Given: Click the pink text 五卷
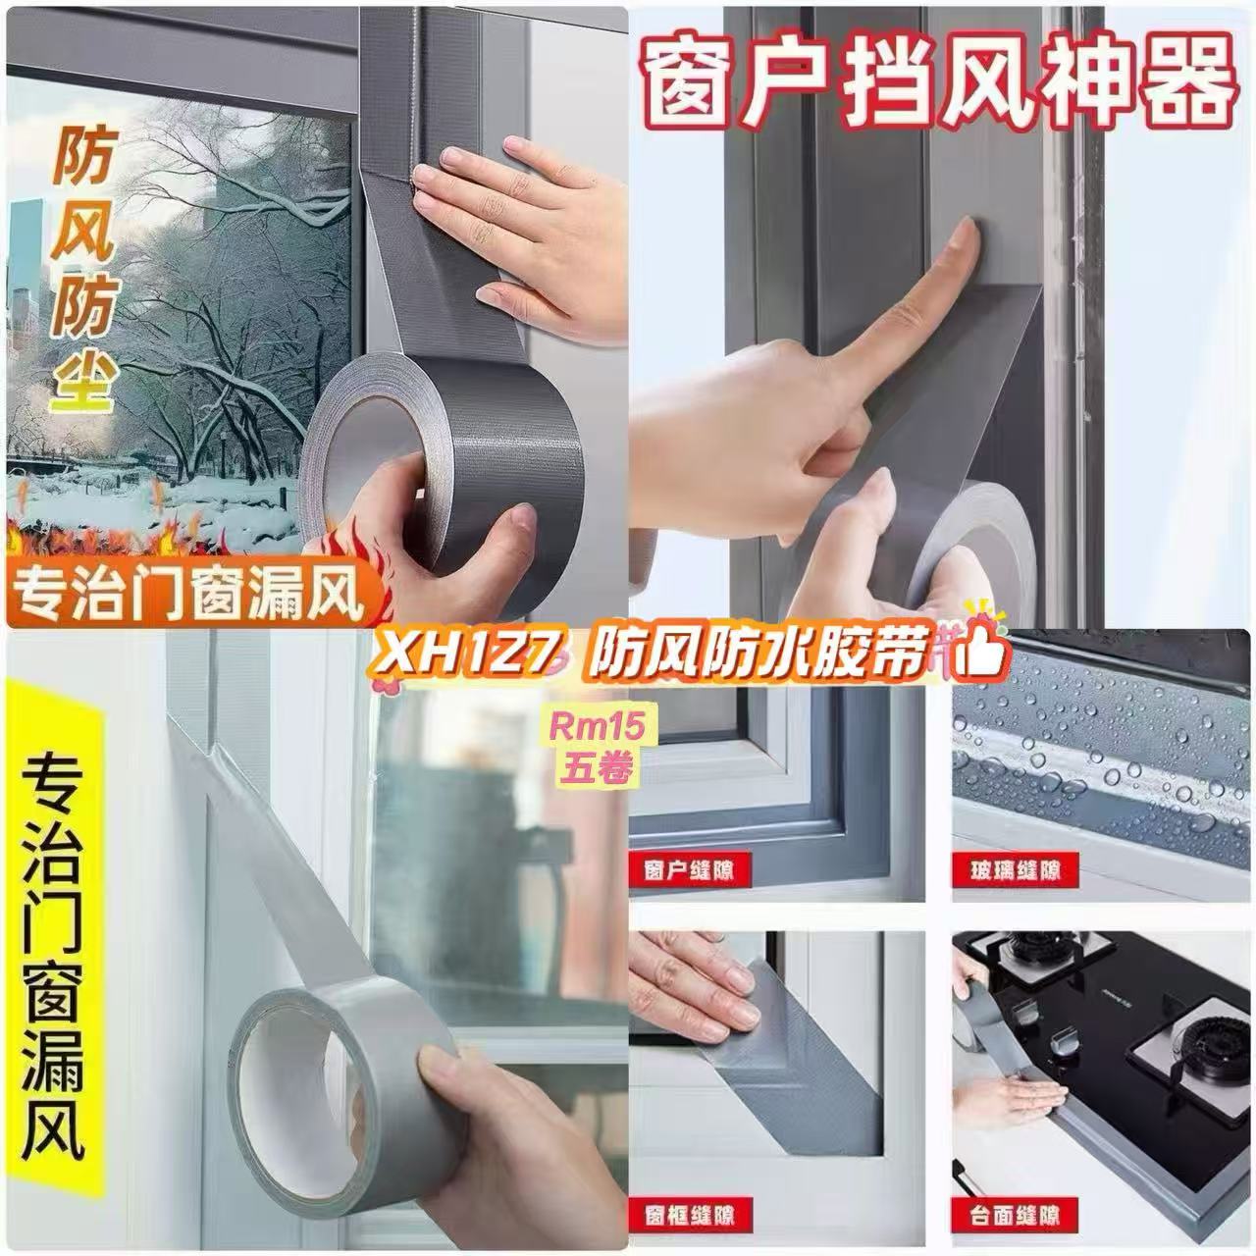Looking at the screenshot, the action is (x=597, y=766).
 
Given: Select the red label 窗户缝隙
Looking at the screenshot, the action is (x=690, y=869).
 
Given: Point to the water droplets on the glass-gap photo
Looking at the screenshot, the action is (x=1102, y=750).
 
